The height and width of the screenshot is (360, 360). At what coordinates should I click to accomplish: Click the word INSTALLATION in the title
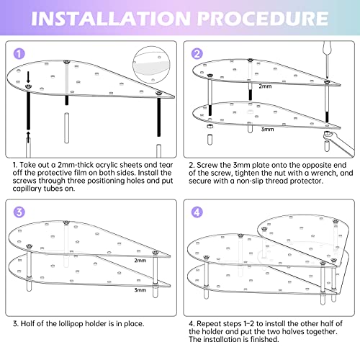click(x=111, y=19)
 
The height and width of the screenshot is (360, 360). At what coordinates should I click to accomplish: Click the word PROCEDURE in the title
click(x=263, y=19)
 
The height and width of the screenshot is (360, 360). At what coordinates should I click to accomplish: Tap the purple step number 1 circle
click(x=19, y=54)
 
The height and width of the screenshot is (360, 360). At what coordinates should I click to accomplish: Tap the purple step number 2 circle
click(x=197, y=54)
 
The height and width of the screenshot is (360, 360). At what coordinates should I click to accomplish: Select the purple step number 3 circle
click(x=19, y=212)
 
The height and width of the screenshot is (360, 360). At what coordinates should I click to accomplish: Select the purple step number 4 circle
click(x=197, y=212)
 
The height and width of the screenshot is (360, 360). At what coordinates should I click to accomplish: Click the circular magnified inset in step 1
click(x=151, y=65)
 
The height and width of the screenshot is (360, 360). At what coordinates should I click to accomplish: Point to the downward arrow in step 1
click(x=28, y=77)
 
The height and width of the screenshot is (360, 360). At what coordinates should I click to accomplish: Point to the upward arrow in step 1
click(x=28, y=137)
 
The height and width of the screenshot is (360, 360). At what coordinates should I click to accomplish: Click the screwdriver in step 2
click(x=327, y=60)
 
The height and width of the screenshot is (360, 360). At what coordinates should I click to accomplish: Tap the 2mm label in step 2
click(x=265, y=86)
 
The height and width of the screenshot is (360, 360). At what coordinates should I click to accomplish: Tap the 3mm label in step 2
click(x=267, y=129)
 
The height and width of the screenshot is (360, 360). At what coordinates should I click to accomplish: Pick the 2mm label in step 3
click(x=140, y=261)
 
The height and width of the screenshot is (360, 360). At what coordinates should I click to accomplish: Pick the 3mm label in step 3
click(x=140, y=290)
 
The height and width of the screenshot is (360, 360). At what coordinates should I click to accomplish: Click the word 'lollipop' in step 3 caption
click(x=71, y=324)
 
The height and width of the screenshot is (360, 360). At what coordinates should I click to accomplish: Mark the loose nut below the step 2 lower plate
click(x=210, y=127)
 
